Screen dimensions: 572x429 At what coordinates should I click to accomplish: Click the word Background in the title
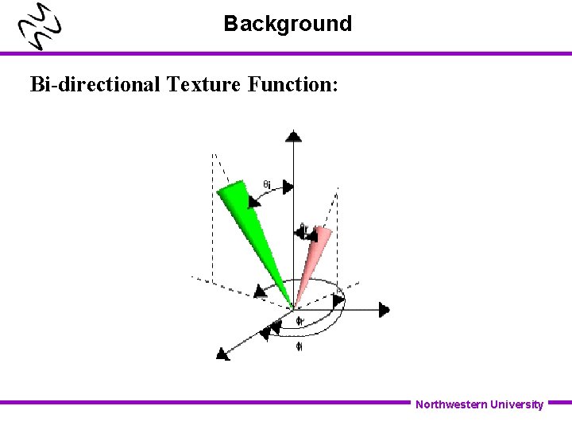pos(287,24)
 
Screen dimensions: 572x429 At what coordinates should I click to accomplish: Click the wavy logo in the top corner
pos(41,29)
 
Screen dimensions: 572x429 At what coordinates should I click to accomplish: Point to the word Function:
pos(293,83)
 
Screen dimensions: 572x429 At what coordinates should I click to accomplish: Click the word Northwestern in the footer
pos(450,404)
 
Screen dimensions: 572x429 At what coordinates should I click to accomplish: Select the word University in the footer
pos(517,404)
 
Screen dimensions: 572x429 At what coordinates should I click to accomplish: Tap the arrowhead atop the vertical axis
pos(294,136)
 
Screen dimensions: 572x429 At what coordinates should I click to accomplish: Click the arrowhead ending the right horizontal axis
pos(385,309)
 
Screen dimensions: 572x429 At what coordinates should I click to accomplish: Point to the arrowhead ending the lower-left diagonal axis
pos(222,354)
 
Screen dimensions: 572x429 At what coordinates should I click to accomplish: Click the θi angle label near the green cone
pos(268,185)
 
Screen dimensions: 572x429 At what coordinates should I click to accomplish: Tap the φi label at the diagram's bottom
pos(299,346)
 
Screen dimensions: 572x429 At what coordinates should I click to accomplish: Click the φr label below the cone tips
pos(300,321)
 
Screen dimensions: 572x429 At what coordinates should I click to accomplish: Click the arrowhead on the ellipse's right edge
pos(338,300)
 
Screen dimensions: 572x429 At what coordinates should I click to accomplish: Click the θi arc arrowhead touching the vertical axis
pos(288,187)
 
